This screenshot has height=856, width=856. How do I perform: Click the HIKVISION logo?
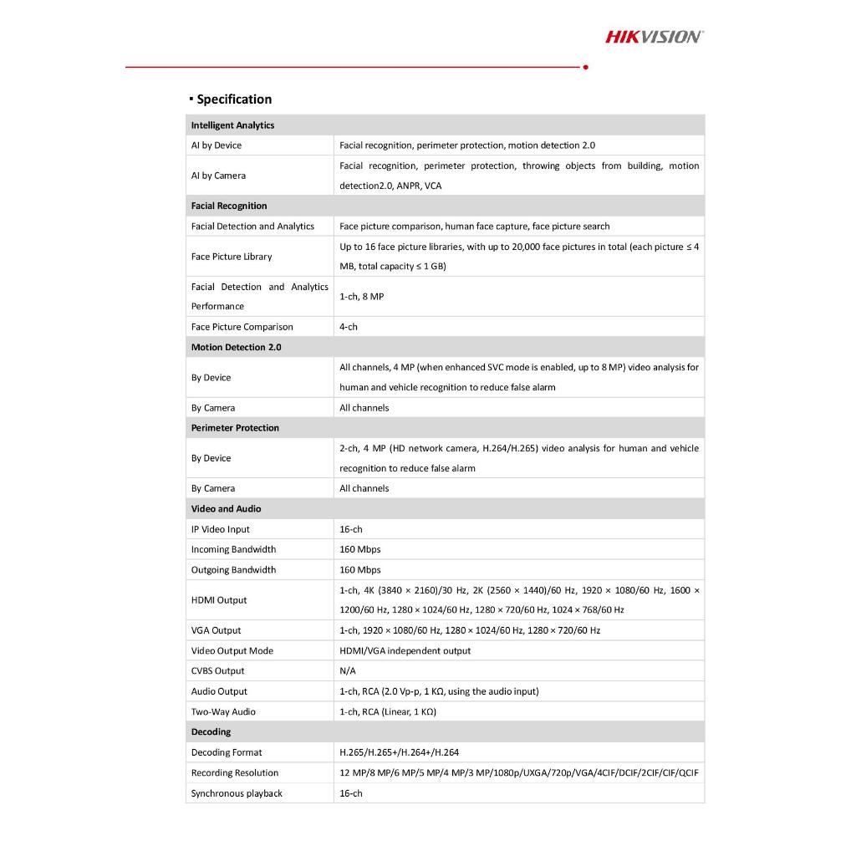click(x=654, y=36)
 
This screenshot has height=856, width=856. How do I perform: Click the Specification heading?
click(x=234, y=99)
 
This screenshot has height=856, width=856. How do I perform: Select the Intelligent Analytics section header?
click(x=232, y=125)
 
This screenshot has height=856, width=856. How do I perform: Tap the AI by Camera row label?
click(x=218, y=176)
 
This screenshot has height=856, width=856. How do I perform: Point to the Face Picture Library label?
click(x=232, y=257)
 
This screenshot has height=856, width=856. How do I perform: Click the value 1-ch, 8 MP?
click(x=361, y=297)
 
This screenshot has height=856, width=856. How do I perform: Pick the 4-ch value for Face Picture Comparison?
click(x=349, y=327)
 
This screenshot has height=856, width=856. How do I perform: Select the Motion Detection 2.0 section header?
click(x=236, y=347)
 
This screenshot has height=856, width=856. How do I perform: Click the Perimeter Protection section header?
click(x=235, y=428)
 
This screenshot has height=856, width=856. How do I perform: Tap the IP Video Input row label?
click(x=220, y=529)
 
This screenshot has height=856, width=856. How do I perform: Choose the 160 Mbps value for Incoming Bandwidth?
click(x=359, y=549)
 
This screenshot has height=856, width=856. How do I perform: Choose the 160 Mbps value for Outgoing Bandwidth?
click(x=359, y=570)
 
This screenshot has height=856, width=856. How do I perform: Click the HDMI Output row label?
click(x=219, y=600)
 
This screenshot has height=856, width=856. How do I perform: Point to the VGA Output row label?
click(x=216, y=630)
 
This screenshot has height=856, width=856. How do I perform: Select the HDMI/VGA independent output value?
click(x=405, y=650)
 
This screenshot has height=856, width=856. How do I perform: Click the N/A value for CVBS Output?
click(x=348, y=671)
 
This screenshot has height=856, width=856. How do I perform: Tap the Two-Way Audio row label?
click(x=223, y=712)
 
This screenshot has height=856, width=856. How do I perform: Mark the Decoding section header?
click(x=211, y=732)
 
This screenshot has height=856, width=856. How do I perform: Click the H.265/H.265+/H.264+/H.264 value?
click(x=399, y=752)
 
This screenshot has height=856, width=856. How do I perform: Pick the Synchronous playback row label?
click(x=237, y=793)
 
